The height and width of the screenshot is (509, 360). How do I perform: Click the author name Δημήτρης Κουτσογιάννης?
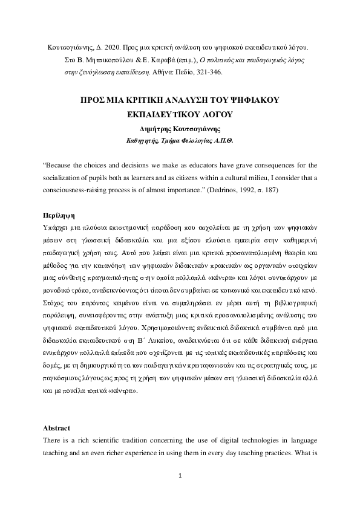(180, 128)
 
